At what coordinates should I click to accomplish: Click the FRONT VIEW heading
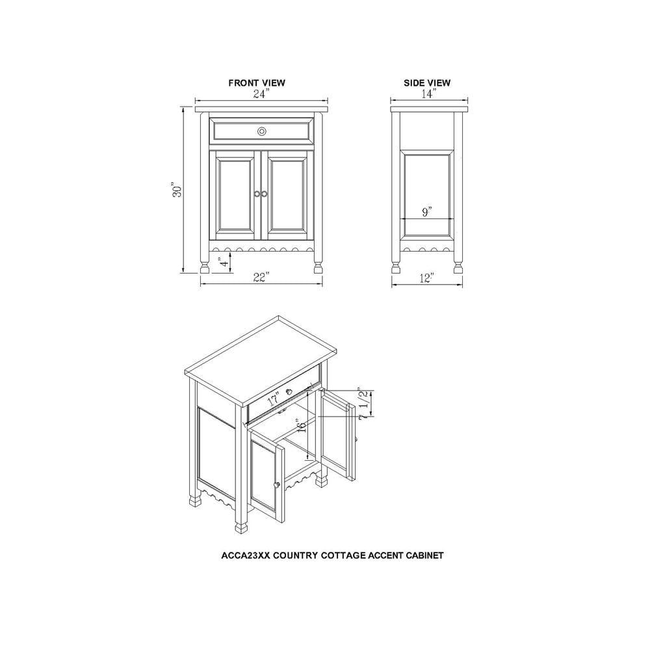point(256,83)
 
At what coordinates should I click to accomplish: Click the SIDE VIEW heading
point(427,83)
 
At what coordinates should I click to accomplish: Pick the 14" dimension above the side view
point(428,94)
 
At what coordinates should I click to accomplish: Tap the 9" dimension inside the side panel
point(427,213)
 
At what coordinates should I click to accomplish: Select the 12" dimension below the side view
point(427,278)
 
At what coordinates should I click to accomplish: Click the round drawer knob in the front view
point(261,131)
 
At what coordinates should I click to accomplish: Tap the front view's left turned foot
point(204,266)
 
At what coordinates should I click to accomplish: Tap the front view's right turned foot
point(318,266)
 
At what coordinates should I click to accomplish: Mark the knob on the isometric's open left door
point(276,484)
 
